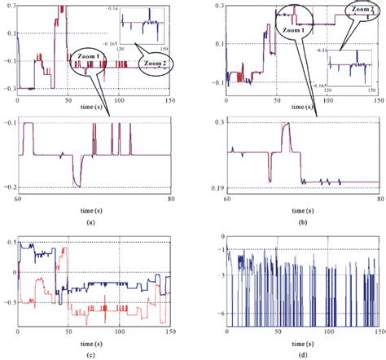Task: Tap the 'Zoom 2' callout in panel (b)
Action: point(361,9)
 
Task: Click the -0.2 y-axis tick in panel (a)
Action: point(9,187)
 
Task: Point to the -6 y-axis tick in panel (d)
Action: point(219,313)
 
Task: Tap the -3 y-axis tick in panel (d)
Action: point(219,275)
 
